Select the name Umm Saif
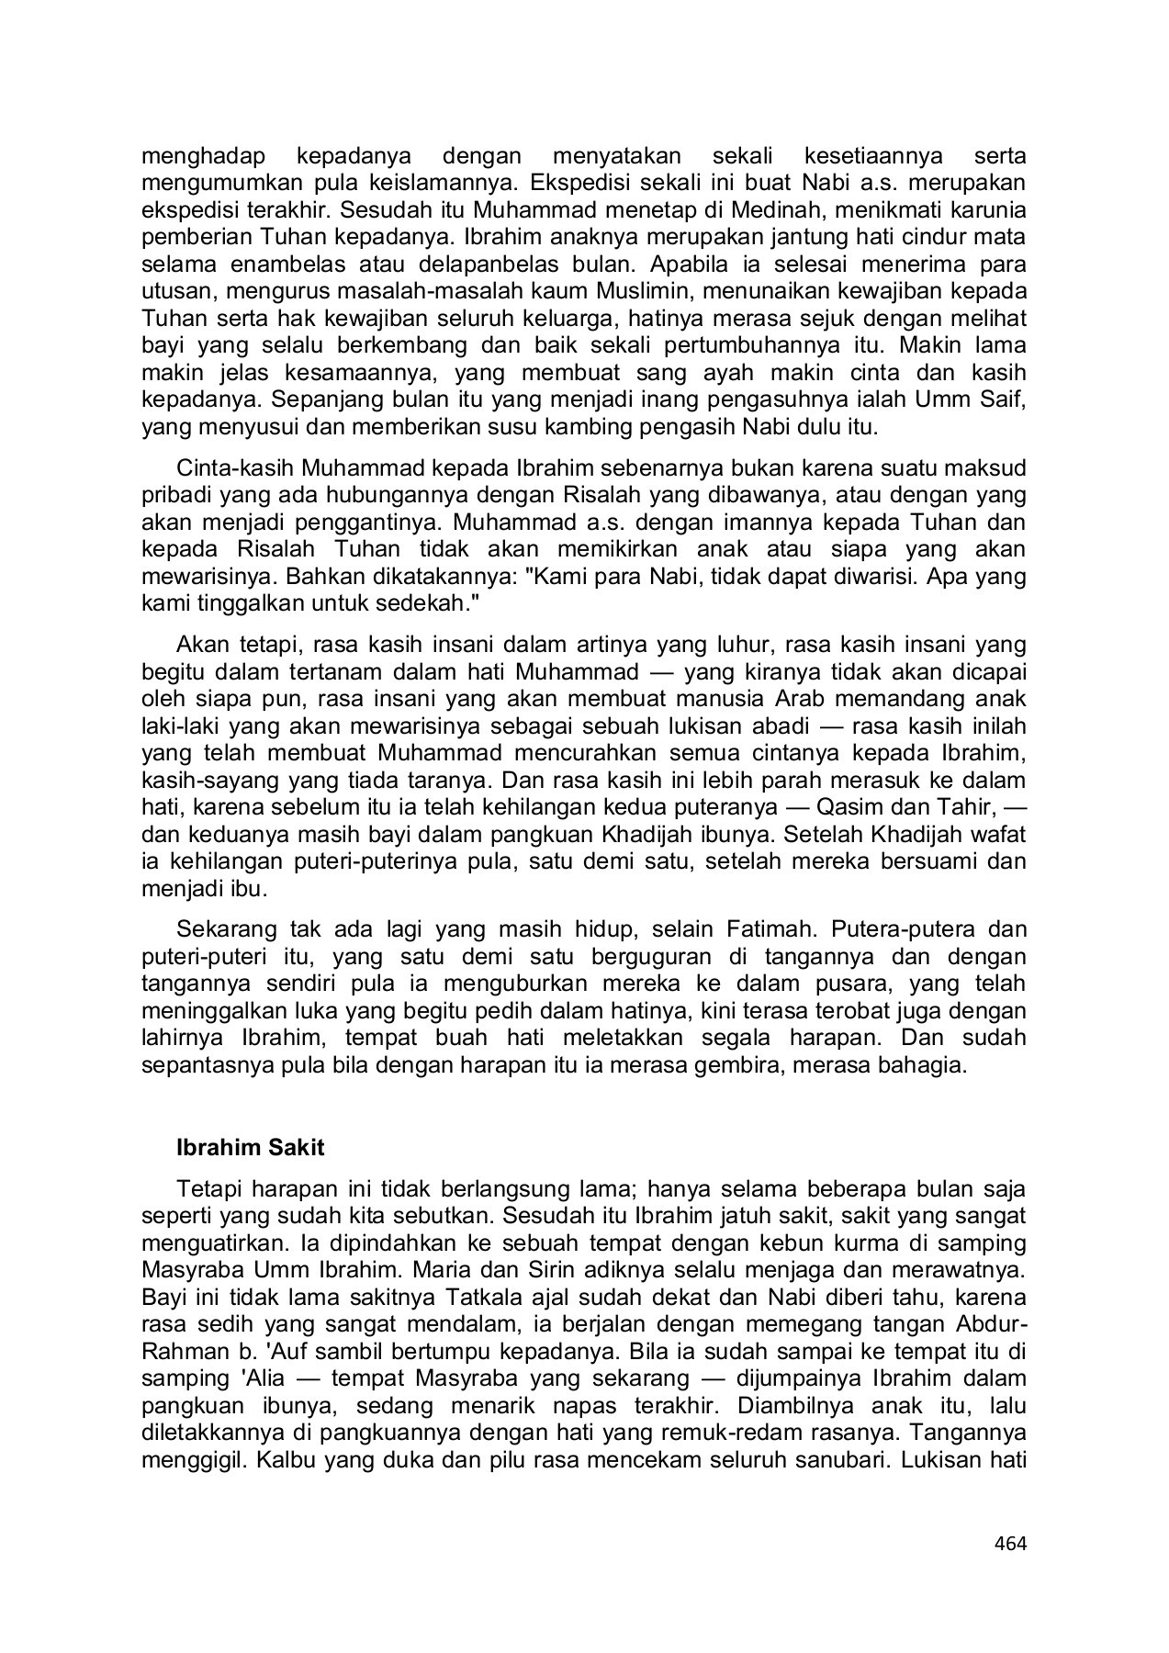(988, 401)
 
